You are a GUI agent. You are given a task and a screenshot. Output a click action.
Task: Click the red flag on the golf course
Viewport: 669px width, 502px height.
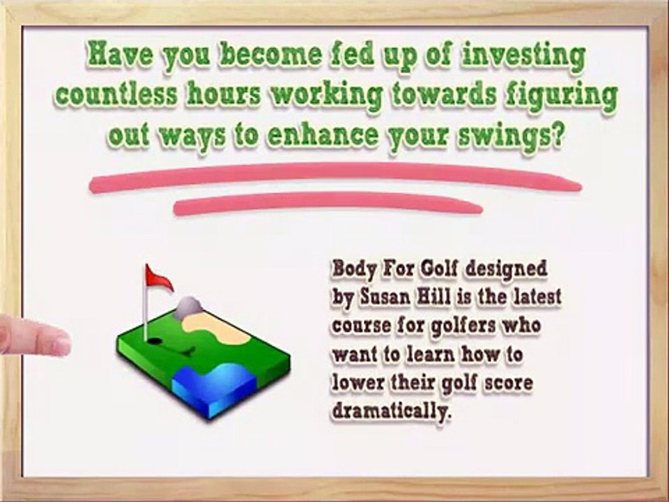[x=159, y=278]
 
